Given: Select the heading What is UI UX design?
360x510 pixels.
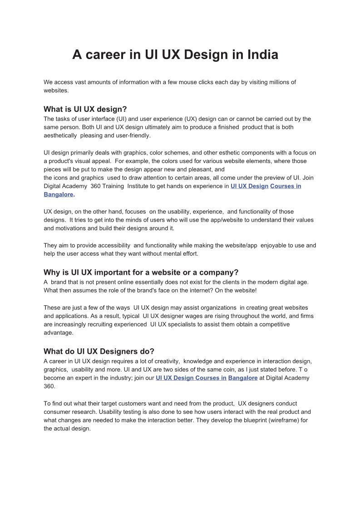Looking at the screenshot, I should (85, 109).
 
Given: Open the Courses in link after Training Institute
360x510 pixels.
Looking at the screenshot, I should (286, 186).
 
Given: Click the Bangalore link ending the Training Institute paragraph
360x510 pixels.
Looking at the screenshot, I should (58, 194).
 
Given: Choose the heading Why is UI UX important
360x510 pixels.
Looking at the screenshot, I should (141, 272).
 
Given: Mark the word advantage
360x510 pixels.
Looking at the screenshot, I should (58, 332).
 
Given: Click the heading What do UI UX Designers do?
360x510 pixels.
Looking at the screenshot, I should (99, 351).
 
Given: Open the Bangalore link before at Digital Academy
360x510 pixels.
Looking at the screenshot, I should (243, 378).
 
